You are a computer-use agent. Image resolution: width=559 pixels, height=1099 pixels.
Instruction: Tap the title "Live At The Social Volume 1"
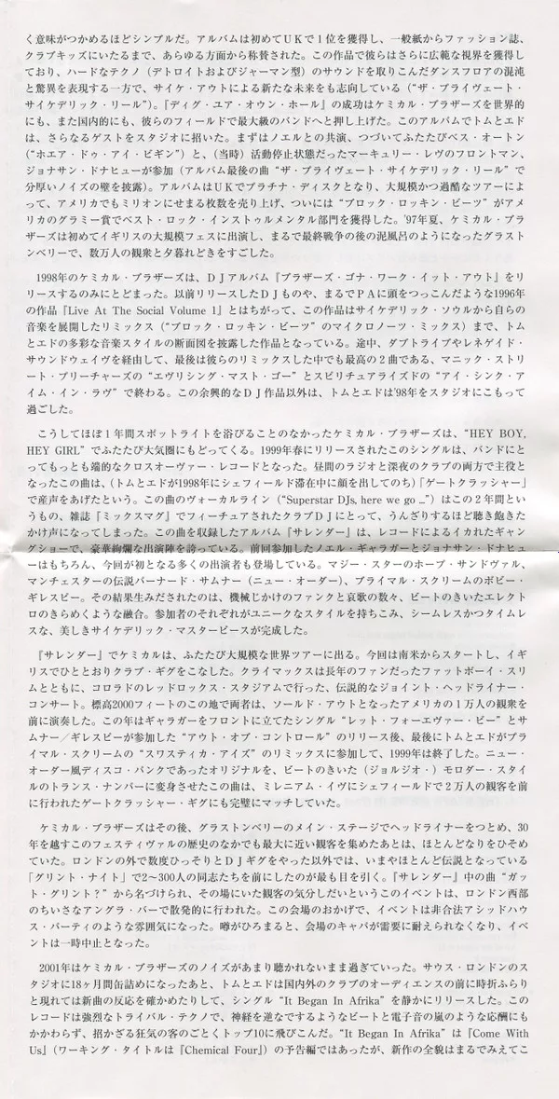tap(123, 305)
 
